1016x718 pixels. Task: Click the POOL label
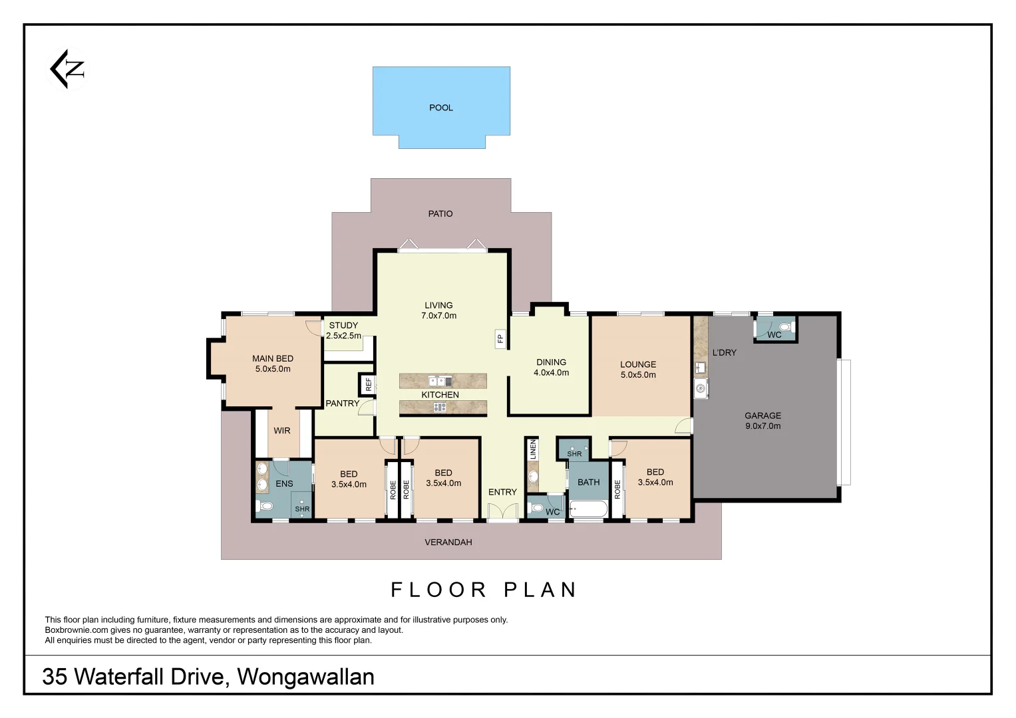click(440, 108)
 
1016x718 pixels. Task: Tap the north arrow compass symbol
click(68, 68)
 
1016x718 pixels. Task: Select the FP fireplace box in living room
click(500, 339)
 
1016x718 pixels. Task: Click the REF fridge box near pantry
click(368, 384)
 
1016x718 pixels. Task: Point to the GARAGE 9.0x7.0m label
click(762, 421)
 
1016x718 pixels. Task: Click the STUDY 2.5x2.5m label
click(343, 330)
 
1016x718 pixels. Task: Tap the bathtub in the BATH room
click(588, 510)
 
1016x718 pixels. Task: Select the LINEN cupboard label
click(532, 450)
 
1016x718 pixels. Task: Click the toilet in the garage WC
click(785, 326)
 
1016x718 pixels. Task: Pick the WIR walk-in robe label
click(282, 431)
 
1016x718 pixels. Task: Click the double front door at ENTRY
click(502, 513)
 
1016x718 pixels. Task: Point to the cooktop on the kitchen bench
click(440, 408)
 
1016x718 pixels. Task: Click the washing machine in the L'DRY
click(701, 389)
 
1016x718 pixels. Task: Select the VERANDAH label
click(448, 542)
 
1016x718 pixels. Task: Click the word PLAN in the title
click(540, 590)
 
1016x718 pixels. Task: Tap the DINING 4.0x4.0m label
click(551, 368)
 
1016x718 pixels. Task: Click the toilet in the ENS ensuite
click(265, 507)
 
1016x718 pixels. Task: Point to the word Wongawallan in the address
click(305, 677)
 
